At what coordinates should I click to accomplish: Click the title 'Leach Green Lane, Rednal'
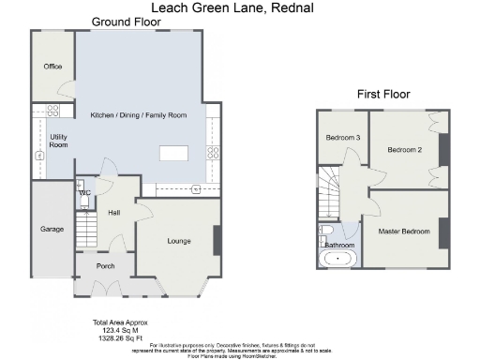tap(239, 8)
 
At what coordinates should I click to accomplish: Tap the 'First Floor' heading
tap(382, 94)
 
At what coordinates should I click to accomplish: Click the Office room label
tap(52, 67)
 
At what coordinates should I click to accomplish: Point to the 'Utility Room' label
tap(58, 141)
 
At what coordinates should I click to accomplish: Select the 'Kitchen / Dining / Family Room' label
tap(138, 114)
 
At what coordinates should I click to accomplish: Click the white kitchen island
tap(173, 153)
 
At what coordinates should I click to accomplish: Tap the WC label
tap(84, 193)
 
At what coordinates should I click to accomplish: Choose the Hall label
tap(113, 213)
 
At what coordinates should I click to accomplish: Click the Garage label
tap(52, 229)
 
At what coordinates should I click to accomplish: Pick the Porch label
tap(105, 266)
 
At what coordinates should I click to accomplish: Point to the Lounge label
tap(179, 241)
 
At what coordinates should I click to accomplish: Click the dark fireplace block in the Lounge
tap(217, 240)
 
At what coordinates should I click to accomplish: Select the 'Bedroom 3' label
tap(342, 139)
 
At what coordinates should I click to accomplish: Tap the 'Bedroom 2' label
tap(405, 149)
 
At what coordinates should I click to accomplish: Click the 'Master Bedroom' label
tap(404, 231)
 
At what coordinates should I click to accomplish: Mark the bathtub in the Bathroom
tap(336, 257)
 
